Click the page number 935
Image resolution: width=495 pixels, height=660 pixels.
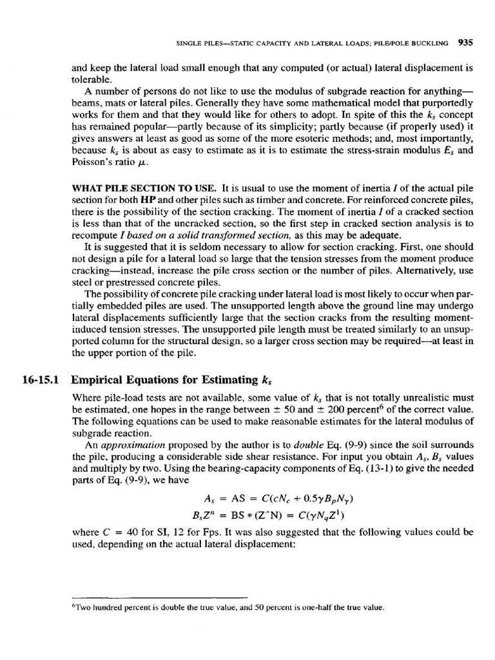click(465, 44)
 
